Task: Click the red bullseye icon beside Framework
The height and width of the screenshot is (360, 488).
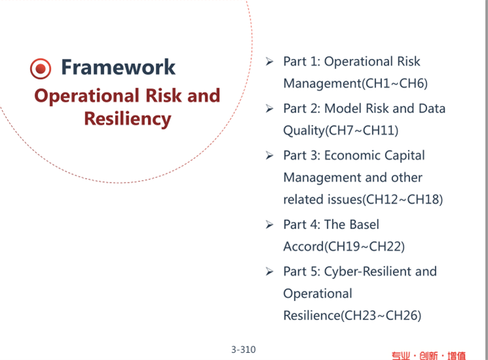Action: pyautogui.click(x=41, y=69)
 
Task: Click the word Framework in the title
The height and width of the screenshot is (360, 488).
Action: pyautogui.click(x=118, y=67)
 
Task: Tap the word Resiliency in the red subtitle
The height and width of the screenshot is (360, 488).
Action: pyautogui.click(x=128, y=119)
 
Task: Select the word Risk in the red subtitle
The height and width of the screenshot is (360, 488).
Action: pyautogui.click(x=164, y=96)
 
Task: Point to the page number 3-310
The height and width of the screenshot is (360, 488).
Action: pyautogui.click(x=243, y=350)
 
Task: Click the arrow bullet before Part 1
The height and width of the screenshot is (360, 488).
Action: pyautogui.click(x=270, y=62)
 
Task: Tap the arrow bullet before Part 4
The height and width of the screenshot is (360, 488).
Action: pyautogui.click(x=270, y=225)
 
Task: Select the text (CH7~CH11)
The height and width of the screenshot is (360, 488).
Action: pyautogui.click(x=362, y=130)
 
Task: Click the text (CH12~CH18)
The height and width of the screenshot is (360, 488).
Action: pyautogui.click(x=402, y=200)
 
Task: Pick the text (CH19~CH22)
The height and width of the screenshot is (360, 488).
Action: pyautogui.click(x=364, y=247)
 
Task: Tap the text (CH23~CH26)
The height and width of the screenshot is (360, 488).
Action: pyautogui.click(x=381, y=315)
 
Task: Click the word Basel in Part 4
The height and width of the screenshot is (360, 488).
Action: pyautogui.click(x=364, y=225)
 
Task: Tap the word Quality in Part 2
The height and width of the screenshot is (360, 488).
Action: pyautogui.click(x=304, y=131)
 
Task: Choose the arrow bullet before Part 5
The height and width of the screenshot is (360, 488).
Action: pyautogui.click(x=270, y=272)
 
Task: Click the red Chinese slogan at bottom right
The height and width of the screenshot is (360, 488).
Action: pyautogui.click(x=428, y=355)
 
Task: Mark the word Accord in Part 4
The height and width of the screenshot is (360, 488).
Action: pyautogui.click(x=304, y=247)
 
